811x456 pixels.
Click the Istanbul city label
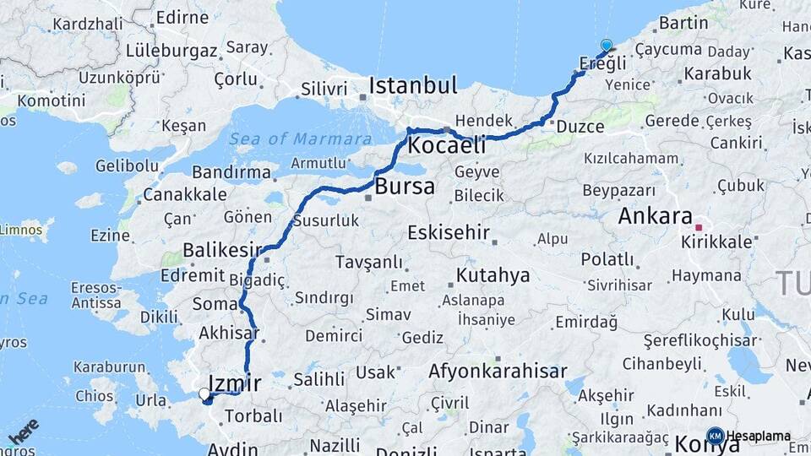tap(413, 85)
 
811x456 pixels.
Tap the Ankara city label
tap(655, 215)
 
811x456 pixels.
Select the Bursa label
tap(405, 186)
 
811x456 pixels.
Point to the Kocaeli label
tap(446, 145)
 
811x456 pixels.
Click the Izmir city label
tap(234, 384)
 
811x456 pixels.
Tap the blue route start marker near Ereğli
tap(606, 46)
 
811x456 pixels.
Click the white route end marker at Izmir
tap(204, 394)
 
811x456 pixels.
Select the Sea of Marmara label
tap(300, 139)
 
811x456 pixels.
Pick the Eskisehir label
tap(448, 232)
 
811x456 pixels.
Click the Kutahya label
tap(493, 275)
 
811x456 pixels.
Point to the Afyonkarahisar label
tap(498, 371)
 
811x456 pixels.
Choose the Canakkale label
tap(185, 194)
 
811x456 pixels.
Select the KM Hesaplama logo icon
tap(715, 436)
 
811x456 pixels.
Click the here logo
tap(24, 431)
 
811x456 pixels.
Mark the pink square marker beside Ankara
tap(698, 227)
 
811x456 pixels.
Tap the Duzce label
tap(580, 127)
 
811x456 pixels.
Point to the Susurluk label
tap(326, 221)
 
